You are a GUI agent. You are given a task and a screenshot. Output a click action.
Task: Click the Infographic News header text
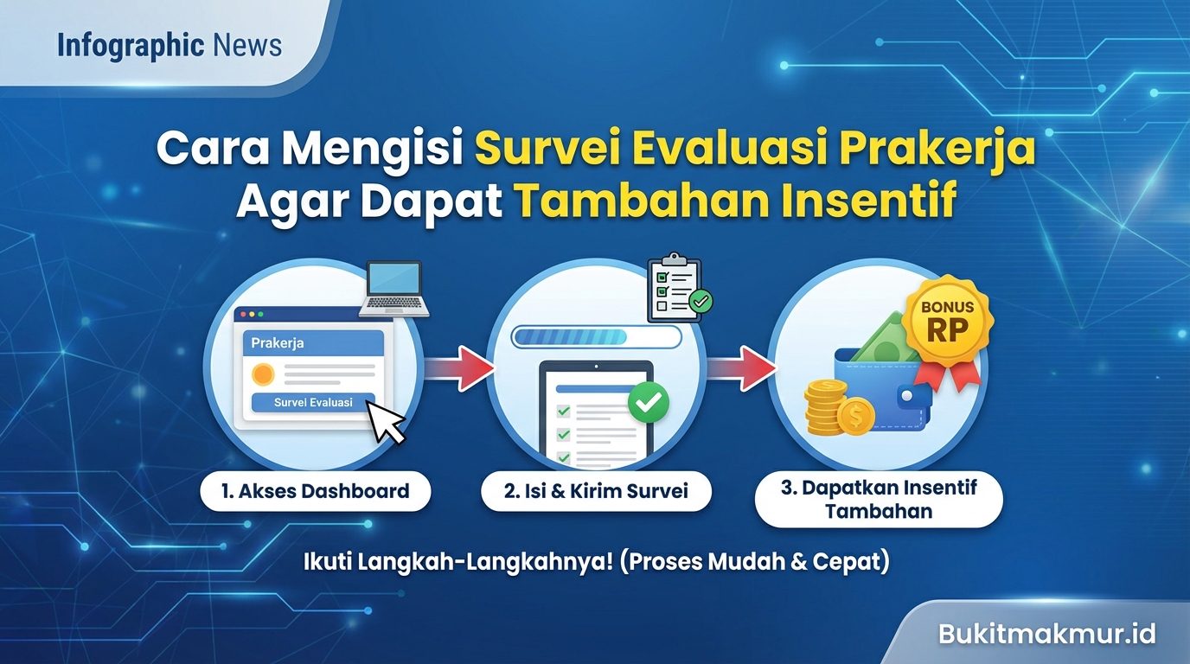[x=170, y=46]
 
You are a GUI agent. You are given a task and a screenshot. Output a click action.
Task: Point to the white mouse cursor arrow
[x=386, y=421]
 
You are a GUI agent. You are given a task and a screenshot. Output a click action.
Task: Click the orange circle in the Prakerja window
[x=262, y=374]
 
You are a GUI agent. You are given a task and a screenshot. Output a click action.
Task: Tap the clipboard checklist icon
[x=677, y=289]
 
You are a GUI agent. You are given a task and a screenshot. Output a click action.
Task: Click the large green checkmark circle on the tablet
[x=649, y=402]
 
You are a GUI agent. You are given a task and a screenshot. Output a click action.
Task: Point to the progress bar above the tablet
[x=596, y=336]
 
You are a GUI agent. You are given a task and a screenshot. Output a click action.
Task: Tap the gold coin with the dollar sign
[x=855, y=417]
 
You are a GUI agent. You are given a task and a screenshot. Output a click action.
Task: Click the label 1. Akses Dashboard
[x=315, y=492]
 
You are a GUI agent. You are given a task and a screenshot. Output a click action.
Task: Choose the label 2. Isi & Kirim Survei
[x=596, y=492]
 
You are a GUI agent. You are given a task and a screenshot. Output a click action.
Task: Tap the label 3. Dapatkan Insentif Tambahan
[x=878, y=499]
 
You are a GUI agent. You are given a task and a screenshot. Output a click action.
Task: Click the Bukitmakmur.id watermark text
[x=1046, y=634]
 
